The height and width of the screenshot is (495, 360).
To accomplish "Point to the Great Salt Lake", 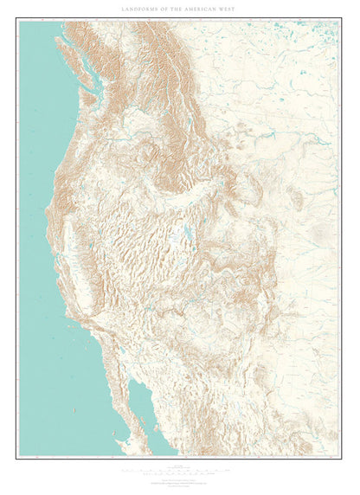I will pyautogui.click(x=186, y=233).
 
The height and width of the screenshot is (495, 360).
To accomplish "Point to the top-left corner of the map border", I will pyautogui.click(x=18, y=21).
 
